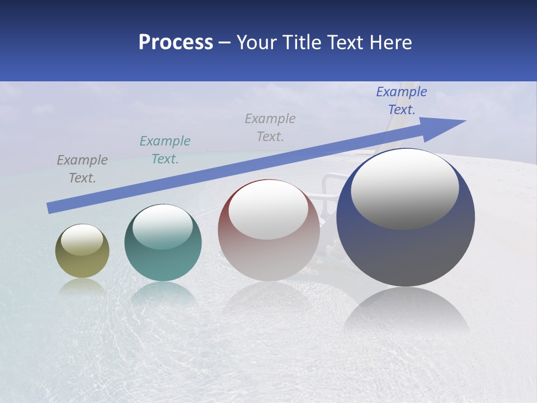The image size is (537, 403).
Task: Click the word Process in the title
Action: point(176,43)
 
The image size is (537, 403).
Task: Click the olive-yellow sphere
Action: point(82,263)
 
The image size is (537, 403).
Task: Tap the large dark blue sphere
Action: point(406,252)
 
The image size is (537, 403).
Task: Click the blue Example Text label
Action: point(401,101)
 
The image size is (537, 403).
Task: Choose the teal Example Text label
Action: point(165,150)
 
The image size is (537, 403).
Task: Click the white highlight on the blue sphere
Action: point(404,189)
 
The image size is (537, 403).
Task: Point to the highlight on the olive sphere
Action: point(82,240)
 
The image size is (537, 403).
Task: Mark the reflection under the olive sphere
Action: point(82,287)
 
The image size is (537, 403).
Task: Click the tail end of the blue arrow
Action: point(51,208)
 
